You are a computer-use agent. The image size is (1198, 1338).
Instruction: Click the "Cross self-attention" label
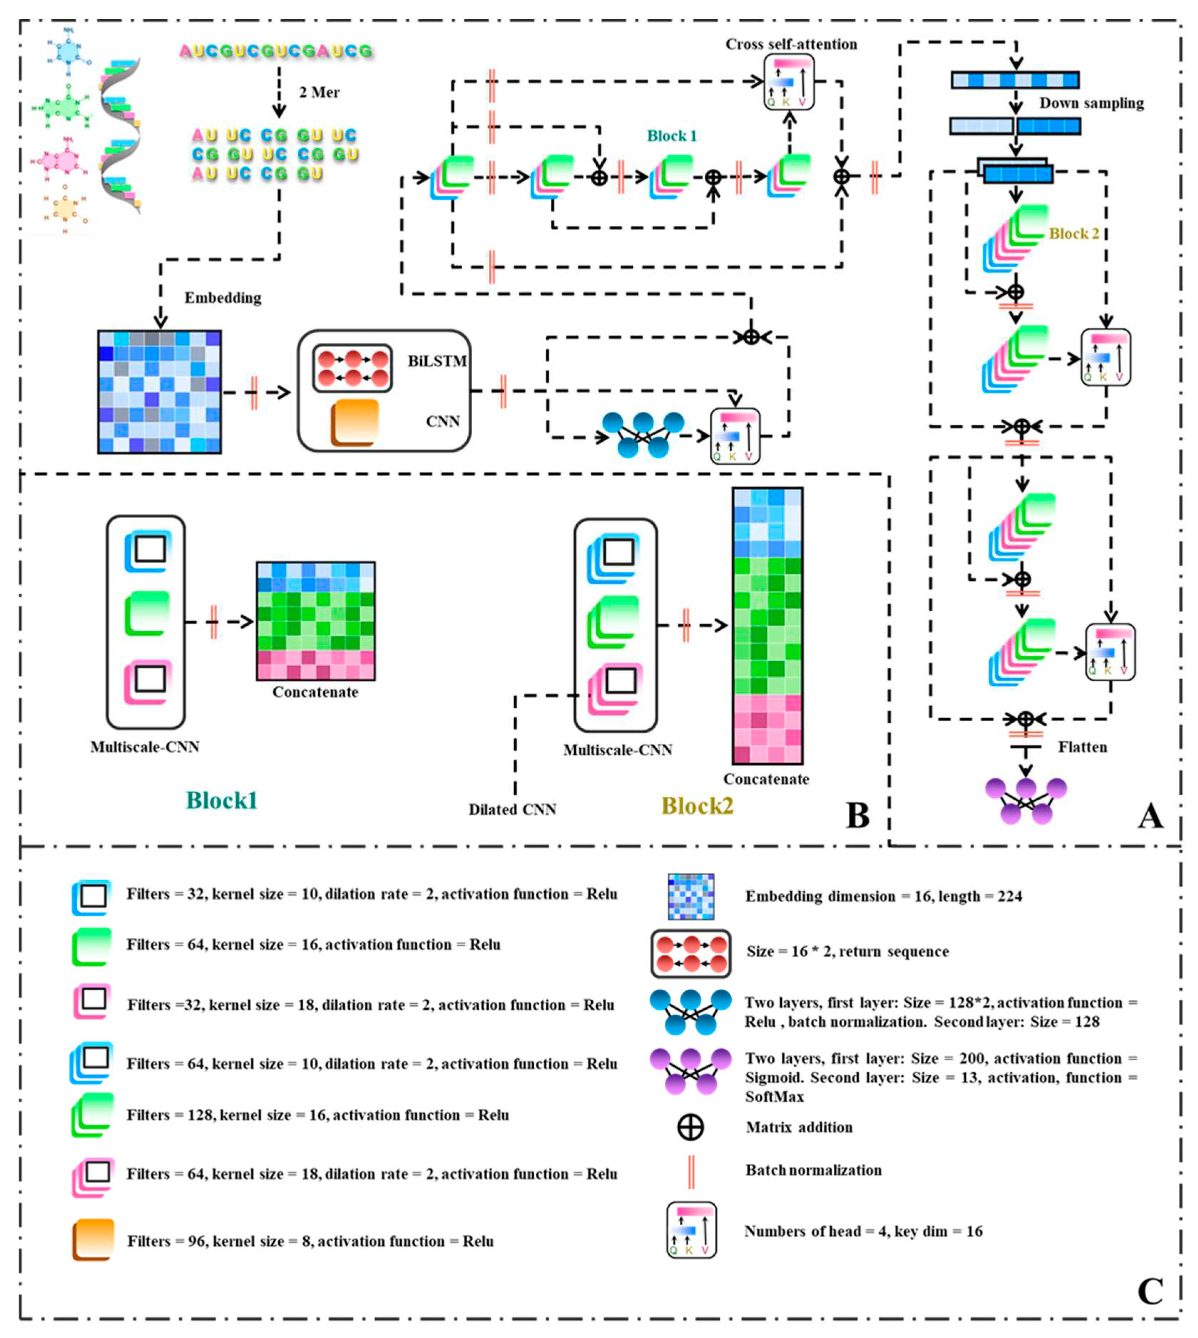click(x=791, y=44)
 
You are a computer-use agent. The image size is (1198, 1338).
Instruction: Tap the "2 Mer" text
click(x=319, y=92)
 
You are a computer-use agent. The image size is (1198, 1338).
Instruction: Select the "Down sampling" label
click(x=1091, y=103)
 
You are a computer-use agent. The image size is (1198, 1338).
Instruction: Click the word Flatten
click(x=1082, y=747)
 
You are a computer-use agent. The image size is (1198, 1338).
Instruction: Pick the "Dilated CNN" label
click(x=512, y=809)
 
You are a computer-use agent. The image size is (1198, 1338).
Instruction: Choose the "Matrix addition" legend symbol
click(x=690, y=1127)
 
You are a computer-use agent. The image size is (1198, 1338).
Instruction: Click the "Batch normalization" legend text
click(x=813, y=1170)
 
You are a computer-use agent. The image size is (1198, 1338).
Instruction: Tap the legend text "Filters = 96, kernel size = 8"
click(x=309, y=1241)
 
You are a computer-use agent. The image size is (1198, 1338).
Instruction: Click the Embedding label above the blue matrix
click(x=222, y=298)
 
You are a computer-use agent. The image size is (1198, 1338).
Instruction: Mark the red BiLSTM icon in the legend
click(x=690, y=953)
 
